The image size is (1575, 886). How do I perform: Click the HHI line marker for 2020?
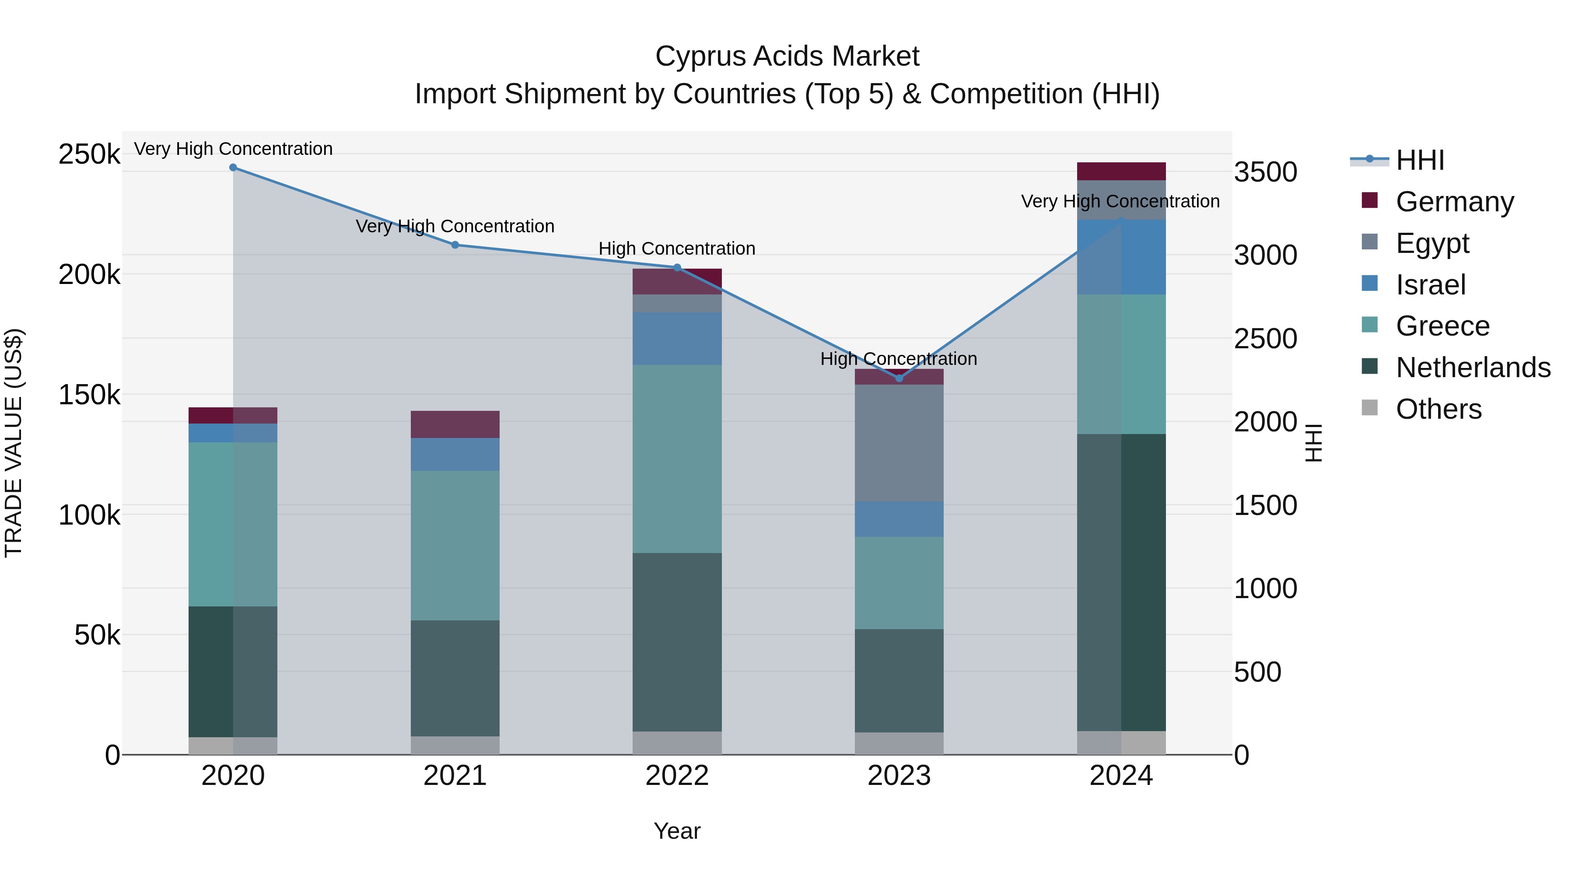point(233,168)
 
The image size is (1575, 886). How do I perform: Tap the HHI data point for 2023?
point(899,378)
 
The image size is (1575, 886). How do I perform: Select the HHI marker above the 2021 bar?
point(455,245)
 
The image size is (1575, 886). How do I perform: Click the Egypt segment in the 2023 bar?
point(899,443)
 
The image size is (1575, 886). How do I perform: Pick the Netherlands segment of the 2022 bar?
point(677,642)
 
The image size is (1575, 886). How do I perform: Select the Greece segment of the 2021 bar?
point(455,546)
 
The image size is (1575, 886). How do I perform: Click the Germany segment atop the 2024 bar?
point(1121,171)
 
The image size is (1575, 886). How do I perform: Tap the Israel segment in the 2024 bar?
point(1121,257)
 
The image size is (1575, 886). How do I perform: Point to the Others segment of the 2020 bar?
point(233,746)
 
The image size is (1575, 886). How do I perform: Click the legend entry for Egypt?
point(1432,243)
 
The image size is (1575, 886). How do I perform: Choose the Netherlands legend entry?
point(1472,368)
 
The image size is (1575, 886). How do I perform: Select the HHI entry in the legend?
point(1420,160)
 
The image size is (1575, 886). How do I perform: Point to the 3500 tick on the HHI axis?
point(1265,172)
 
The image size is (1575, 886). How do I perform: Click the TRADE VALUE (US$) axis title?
point(14,443)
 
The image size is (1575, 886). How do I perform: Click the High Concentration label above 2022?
point(677,249)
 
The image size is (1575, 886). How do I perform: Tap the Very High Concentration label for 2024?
point(1120,201)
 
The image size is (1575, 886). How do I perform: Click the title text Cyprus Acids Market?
point(787,56)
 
